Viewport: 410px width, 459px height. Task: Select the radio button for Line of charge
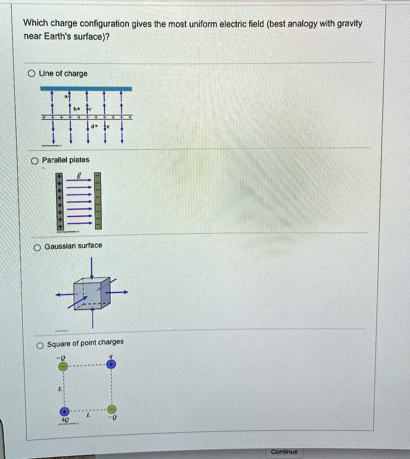[31, 74]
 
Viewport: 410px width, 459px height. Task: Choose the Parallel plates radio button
[34, 160]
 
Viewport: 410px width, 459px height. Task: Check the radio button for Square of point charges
[40, 345]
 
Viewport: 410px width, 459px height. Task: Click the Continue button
[284, 451]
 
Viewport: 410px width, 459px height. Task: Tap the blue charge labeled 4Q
[65, 411]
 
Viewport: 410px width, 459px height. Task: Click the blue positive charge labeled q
[112, 364]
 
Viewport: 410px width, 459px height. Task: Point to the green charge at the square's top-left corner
[63, 367]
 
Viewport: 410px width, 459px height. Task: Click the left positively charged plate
[59, 201]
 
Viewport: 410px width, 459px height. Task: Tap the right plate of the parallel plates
[98, 200]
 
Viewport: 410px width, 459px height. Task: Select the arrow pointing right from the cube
[119, 292]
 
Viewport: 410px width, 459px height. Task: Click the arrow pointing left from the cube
[64, 294]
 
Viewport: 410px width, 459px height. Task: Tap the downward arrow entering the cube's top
[92, 268]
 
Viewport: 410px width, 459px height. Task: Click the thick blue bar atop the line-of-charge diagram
[86, 88]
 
